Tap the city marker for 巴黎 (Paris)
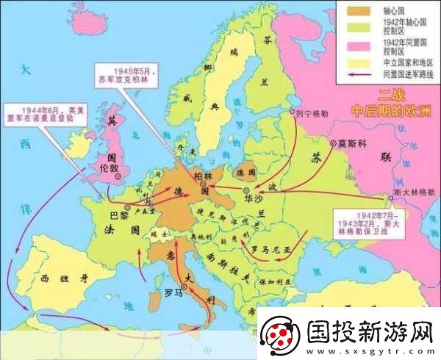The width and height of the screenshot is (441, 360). click(127, 208)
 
